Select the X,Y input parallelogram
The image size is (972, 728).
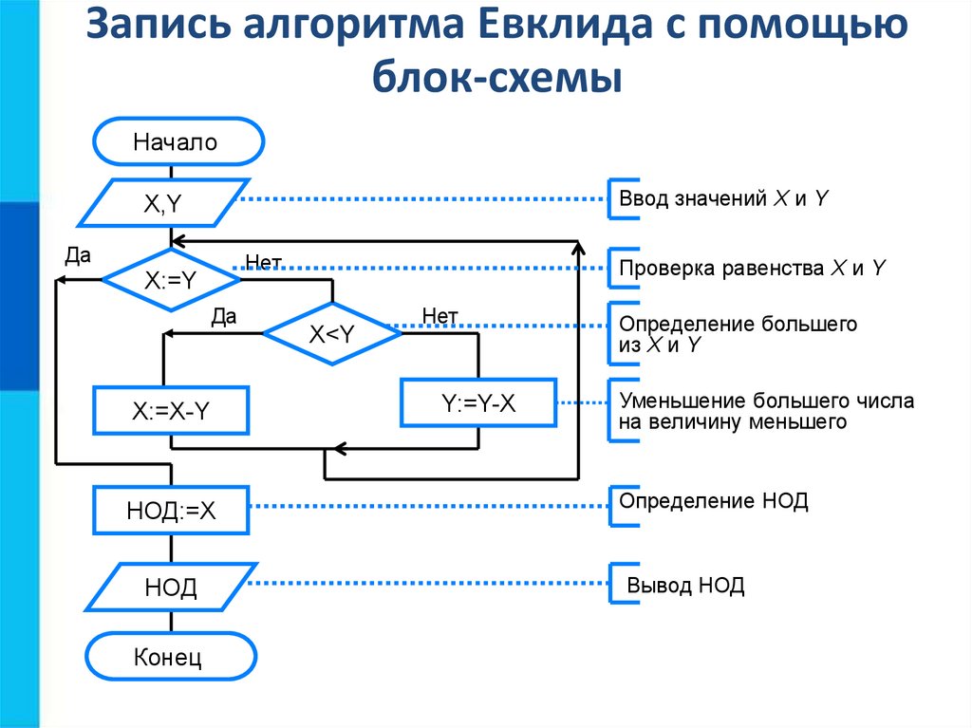click(162, 202)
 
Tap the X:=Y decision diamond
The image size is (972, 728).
click(171, 280)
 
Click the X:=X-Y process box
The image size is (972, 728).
click(170, 411)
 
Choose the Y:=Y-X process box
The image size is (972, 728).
click(478, 402)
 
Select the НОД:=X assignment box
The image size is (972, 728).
click(171, 512)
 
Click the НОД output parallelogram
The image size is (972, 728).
click(171, 588)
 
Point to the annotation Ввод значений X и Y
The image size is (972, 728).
click(725, 199)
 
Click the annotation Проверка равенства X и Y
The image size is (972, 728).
click(752, 268)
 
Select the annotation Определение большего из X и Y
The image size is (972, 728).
click(738, 334)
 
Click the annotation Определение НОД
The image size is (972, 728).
click(713, 500)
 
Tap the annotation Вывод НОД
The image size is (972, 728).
click(685, 586)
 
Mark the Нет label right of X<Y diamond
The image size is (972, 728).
click(439, 315)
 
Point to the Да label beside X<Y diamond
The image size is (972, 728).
click(223, 316)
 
